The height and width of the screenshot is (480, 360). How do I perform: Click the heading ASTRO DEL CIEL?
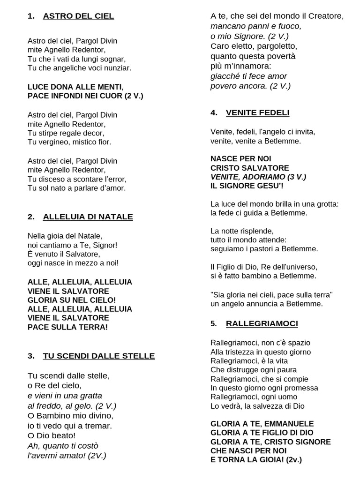(x=78, y=16)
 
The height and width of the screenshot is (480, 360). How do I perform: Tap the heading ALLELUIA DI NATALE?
(x=88, y=217)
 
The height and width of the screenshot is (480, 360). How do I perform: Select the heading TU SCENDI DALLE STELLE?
(x=98, y=356)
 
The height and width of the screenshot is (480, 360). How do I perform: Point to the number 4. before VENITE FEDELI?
(x=214, y=113)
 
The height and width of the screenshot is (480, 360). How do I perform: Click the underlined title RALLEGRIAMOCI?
(x=262, y=324)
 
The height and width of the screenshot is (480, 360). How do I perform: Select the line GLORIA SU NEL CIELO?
(x=72, y=300)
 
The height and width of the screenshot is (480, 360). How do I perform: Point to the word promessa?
(x=300, y=388)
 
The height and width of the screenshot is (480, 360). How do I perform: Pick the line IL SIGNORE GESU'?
(x=247, y=186)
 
